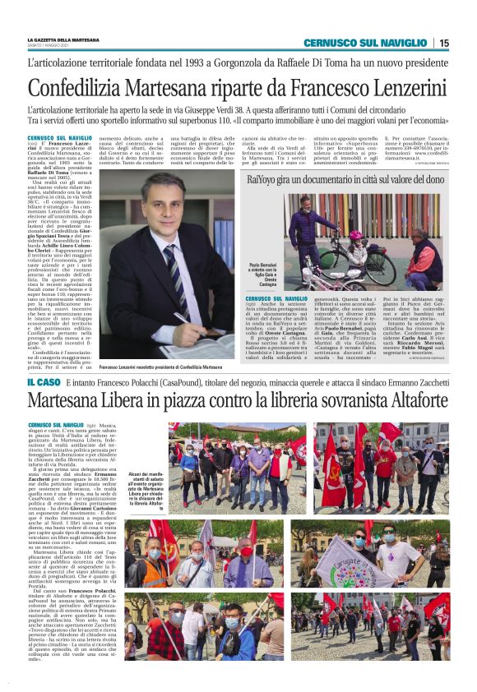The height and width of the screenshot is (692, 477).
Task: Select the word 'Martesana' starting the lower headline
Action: pyautogui.click(x=65, y=401)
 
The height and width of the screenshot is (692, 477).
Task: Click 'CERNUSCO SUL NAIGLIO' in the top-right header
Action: pyautogui.click(x=365, y=43)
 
